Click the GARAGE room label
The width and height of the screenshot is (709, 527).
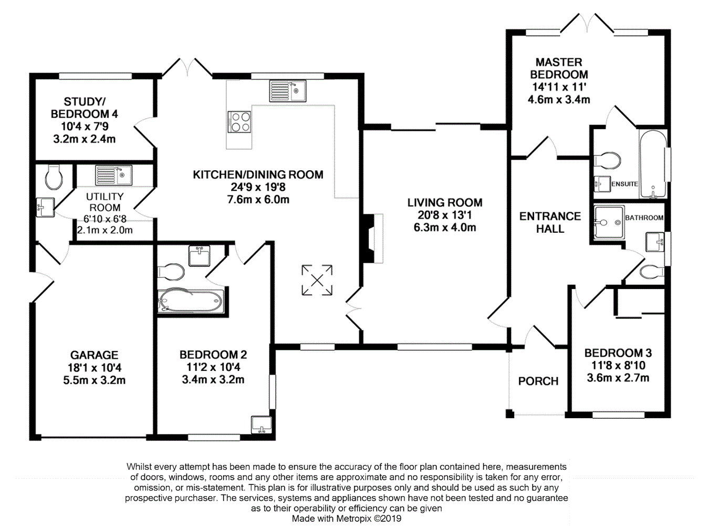[x=95, y=355]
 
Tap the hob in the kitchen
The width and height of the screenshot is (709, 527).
[x=239, y=122]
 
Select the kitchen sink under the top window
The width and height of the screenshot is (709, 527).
[x=288, y=90]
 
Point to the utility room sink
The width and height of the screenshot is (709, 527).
[x=113, y=175]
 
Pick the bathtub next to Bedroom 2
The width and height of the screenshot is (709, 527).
[x=191, y=302]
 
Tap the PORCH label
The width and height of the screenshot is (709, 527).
[x=538, y=381]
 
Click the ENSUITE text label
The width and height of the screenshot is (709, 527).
[x=624, y=184]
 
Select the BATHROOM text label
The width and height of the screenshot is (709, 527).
[x=644, y=218]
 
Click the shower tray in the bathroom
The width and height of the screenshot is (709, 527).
[x=609, y=223]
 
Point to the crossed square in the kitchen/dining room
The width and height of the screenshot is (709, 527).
[x=317, y=280]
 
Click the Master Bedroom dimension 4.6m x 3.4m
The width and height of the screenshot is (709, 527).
[x=559, y=99]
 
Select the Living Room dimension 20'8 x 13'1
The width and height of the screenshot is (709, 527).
[x=445, y=215]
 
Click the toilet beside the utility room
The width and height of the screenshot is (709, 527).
[x=54, y=177]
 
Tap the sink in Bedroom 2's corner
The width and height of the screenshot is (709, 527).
[x=261, y=424]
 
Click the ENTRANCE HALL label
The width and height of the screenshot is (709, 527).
[x=550, y=222]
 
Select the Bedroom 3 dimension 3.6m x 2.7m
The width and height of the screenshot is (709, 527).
[x=618, y=378]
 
